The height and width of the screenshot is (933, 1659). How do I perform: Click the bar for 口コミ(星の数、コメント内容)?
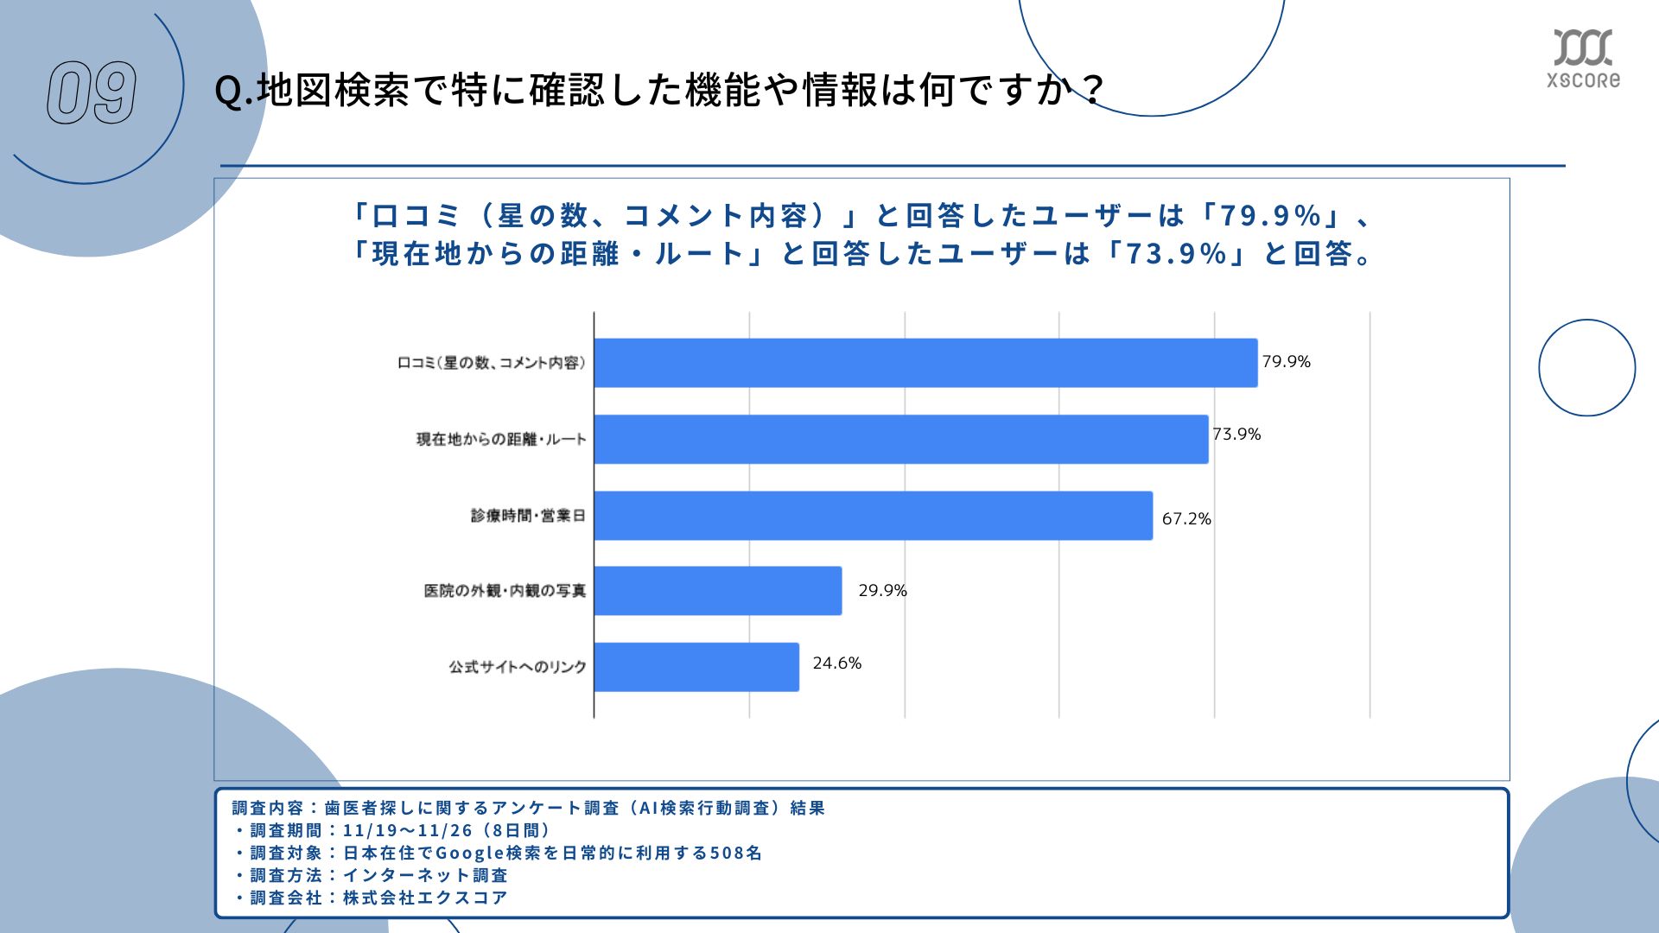[x=925, y=363]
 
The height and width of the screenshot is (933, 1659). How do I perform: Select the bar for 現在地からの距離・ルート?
[x=901, y=439]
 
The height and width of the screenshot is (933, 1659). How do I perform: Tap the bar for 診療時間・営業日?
[x=873, y=516]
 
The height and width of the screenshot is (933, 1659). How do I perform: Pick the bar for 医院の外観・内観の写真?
[x=718, y=591]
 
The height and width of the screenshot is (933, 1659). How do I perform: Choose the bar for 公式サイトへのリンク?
[x=696, y=667]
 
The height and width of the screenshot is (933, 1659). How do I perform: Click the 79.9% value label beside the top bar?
[x=1286, y=362]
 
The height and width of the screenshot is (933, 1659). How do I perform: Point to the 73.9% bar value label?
[x=1236, y=435]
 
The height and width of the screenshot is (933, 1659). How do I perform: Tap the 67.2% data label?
[x=1186, y=519]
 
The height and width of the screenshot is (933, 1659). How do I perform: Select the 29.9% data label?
[x=882, y=591]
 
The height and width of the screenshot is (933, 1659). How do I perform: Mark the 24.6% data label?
[x=836, y=663]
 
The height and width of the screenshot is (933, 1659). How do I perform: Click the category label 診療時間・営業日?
[x=528, y=516]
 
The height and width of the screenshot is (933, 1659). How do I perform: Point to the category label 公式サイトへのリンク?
[x=517, y=667]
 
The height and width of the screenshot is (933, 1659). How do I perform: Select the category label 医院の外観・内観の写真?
[x=505, y=591]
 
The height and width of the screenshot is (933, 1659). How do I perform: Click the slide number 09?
[x=92, y=92]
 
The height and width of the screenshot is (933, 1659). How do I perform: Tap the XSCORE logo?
[x=1583, y=59]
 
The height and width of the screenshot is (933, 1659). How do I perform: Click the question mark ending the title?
[x=1092, y=90]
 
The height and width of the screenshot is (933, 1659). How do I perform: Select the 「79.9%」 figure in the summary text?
[x=1270, y=215]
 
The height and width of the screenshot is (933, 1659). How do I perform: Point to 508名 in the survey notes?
[x=735, y=853]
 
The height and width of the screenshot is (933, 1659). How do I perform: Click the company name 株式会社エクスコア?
[x=425, y=898]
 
